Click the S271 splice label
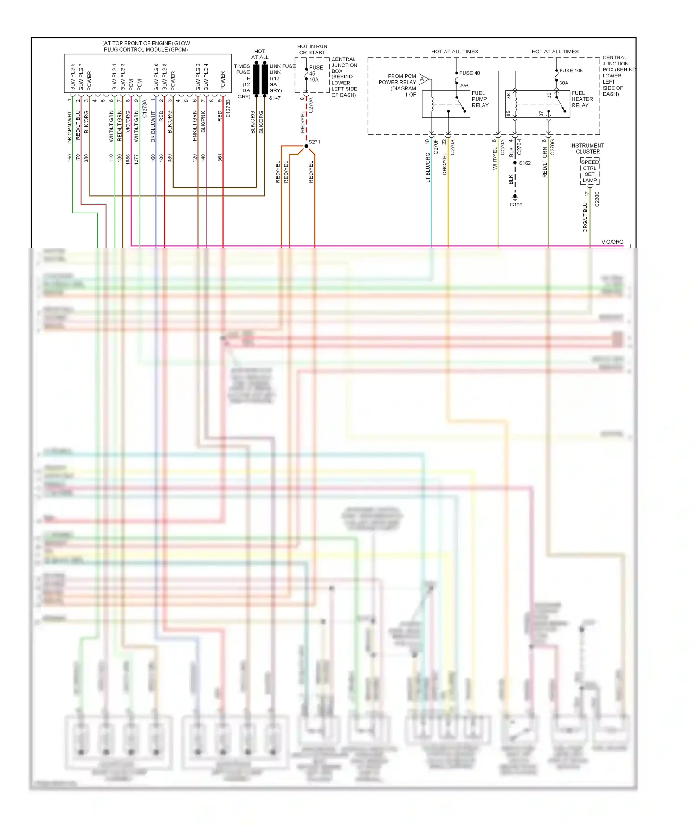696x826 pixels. point(314,142)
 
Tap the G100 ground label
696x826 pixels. point(516,205)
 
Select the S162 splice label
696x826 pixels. point(525,163)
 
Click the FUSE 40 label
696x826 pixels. point(470,73)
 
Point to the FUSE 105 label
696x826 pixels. point(571,71)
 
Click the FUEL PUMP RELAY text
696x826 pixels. point(480,99)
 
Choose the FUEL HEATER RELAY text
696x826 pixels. point(582,99)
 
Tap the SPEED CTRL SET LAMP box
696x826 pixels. point(590,171)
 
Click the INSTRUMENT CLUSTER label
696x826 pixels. point(587,148)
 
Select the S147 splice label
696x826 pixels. point(275,98)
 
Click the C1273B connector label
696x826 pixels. point(228,109)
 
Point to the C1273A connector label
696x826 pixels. point(144,109)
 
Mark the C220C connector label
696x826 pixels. point(597,199)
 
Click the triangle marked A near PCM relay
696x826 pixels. point(423,79)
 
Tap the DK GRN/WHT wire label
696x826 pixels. point(70,127)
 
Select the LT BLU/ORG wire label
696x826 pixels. point(428,168)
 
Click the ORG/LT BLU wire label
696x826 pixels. point(585,217)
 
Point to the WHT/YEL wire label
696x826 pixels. point(495,159)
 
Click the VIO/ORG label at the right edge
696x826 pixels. point(612,242)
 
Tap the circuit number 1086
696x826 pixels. point(128,159)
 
